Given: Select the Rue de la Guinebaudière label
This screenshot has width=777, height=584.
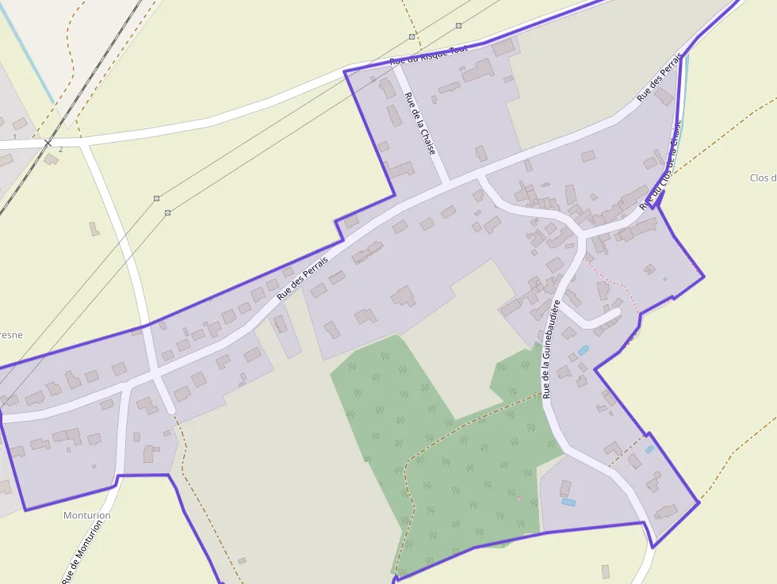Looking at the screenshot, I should click(x=551, y=349).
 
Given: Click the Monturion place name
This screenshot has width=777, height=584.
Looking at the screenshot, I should click(x=87, y=515).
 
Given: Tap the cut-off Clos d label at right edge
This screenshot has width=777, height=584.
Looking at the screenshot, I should click(x=763, y=178).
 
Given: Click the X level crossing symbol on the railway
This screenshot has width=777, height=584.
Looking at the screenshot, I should click(x=48, y=143).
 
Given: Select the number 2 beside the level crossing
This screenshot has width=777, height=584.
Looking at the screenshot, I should click(x=60, y=149).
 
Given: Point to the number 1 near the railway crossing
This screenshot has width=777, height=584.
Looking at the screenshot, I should click(x=14, y=137).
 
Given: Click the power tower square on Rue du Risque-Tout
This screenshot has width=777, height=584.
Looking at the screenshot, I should click(x=411, y=37).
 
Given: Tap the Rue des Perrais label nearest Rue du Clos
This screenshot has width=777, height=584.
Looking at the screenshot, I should click(x=660, y=78).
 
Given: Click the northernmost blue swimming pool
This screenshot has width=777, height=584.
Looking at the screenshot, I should click(x=584, y=349).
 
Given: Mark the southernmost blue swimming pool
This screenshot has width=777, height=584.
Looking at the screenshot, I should click(x=568, y=502).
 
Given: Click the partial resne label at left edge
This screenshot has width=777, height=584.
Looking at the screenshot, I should click(x=10, y=335).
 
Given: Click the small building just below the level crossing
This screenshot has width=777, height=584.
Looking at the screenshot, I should click(x=52, y=159).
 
